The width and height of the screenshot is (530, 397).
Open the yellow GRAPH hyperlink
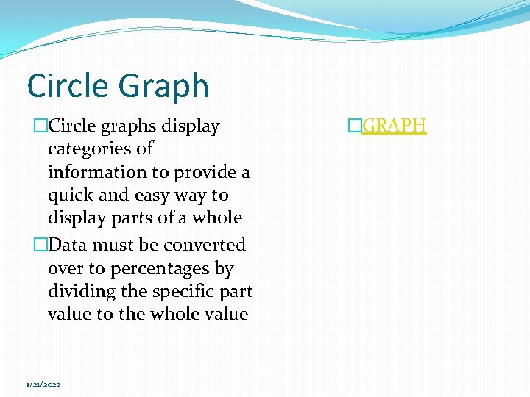point(395,126)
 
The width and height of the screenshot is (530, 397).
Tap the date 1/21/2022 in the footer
point(43,385)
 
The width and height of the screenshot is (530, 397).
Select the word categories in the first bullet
point(100,149)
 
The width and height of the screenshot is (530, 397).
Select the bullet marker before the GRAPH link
point(356,126)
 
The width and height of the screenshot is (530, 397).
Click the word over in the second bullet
point(64,269)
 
